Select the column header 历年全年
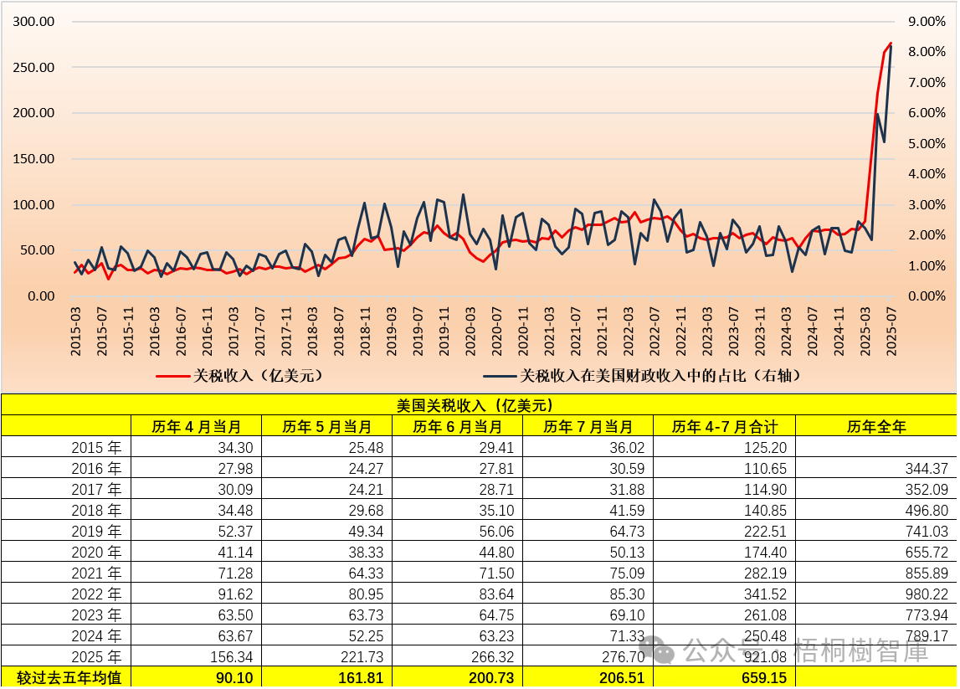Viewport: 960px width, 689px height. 875,426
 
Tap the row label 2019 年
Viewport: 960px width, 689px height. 96,531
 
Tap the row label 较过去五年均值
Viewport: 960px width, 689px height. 66,677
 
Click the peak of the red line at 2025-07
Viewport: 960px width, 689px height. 891,43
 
